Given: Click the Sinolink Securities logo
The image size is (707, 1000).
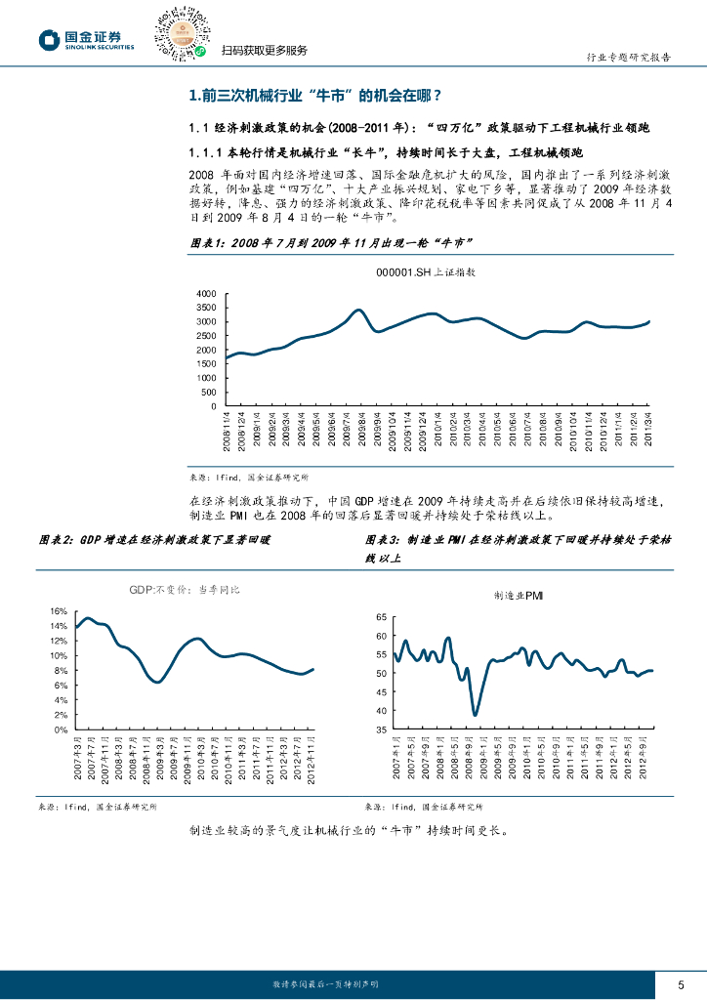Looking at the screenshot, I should pos(87,39).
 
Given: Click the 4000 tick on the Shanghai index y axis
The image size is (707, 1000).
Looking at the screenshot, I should pos(206,294).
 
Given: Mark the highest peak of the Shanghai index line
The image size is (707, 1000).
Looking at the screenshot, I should pos(358,310).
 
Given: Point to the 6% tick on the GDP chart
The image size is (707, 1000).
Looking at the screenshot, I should pos(60,686).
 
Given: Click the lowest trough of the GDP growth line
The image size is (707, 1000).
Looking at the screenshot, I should pos(157,682).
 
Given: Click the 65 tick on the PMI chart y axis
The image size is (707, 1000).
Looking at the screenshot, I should pos(380,617).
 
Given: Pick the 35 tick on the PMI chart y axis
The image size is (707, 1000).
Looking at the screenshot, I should pos(380,729).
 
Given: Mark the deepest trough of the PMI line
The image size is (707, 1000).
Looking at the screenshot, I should pos(475,715).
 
